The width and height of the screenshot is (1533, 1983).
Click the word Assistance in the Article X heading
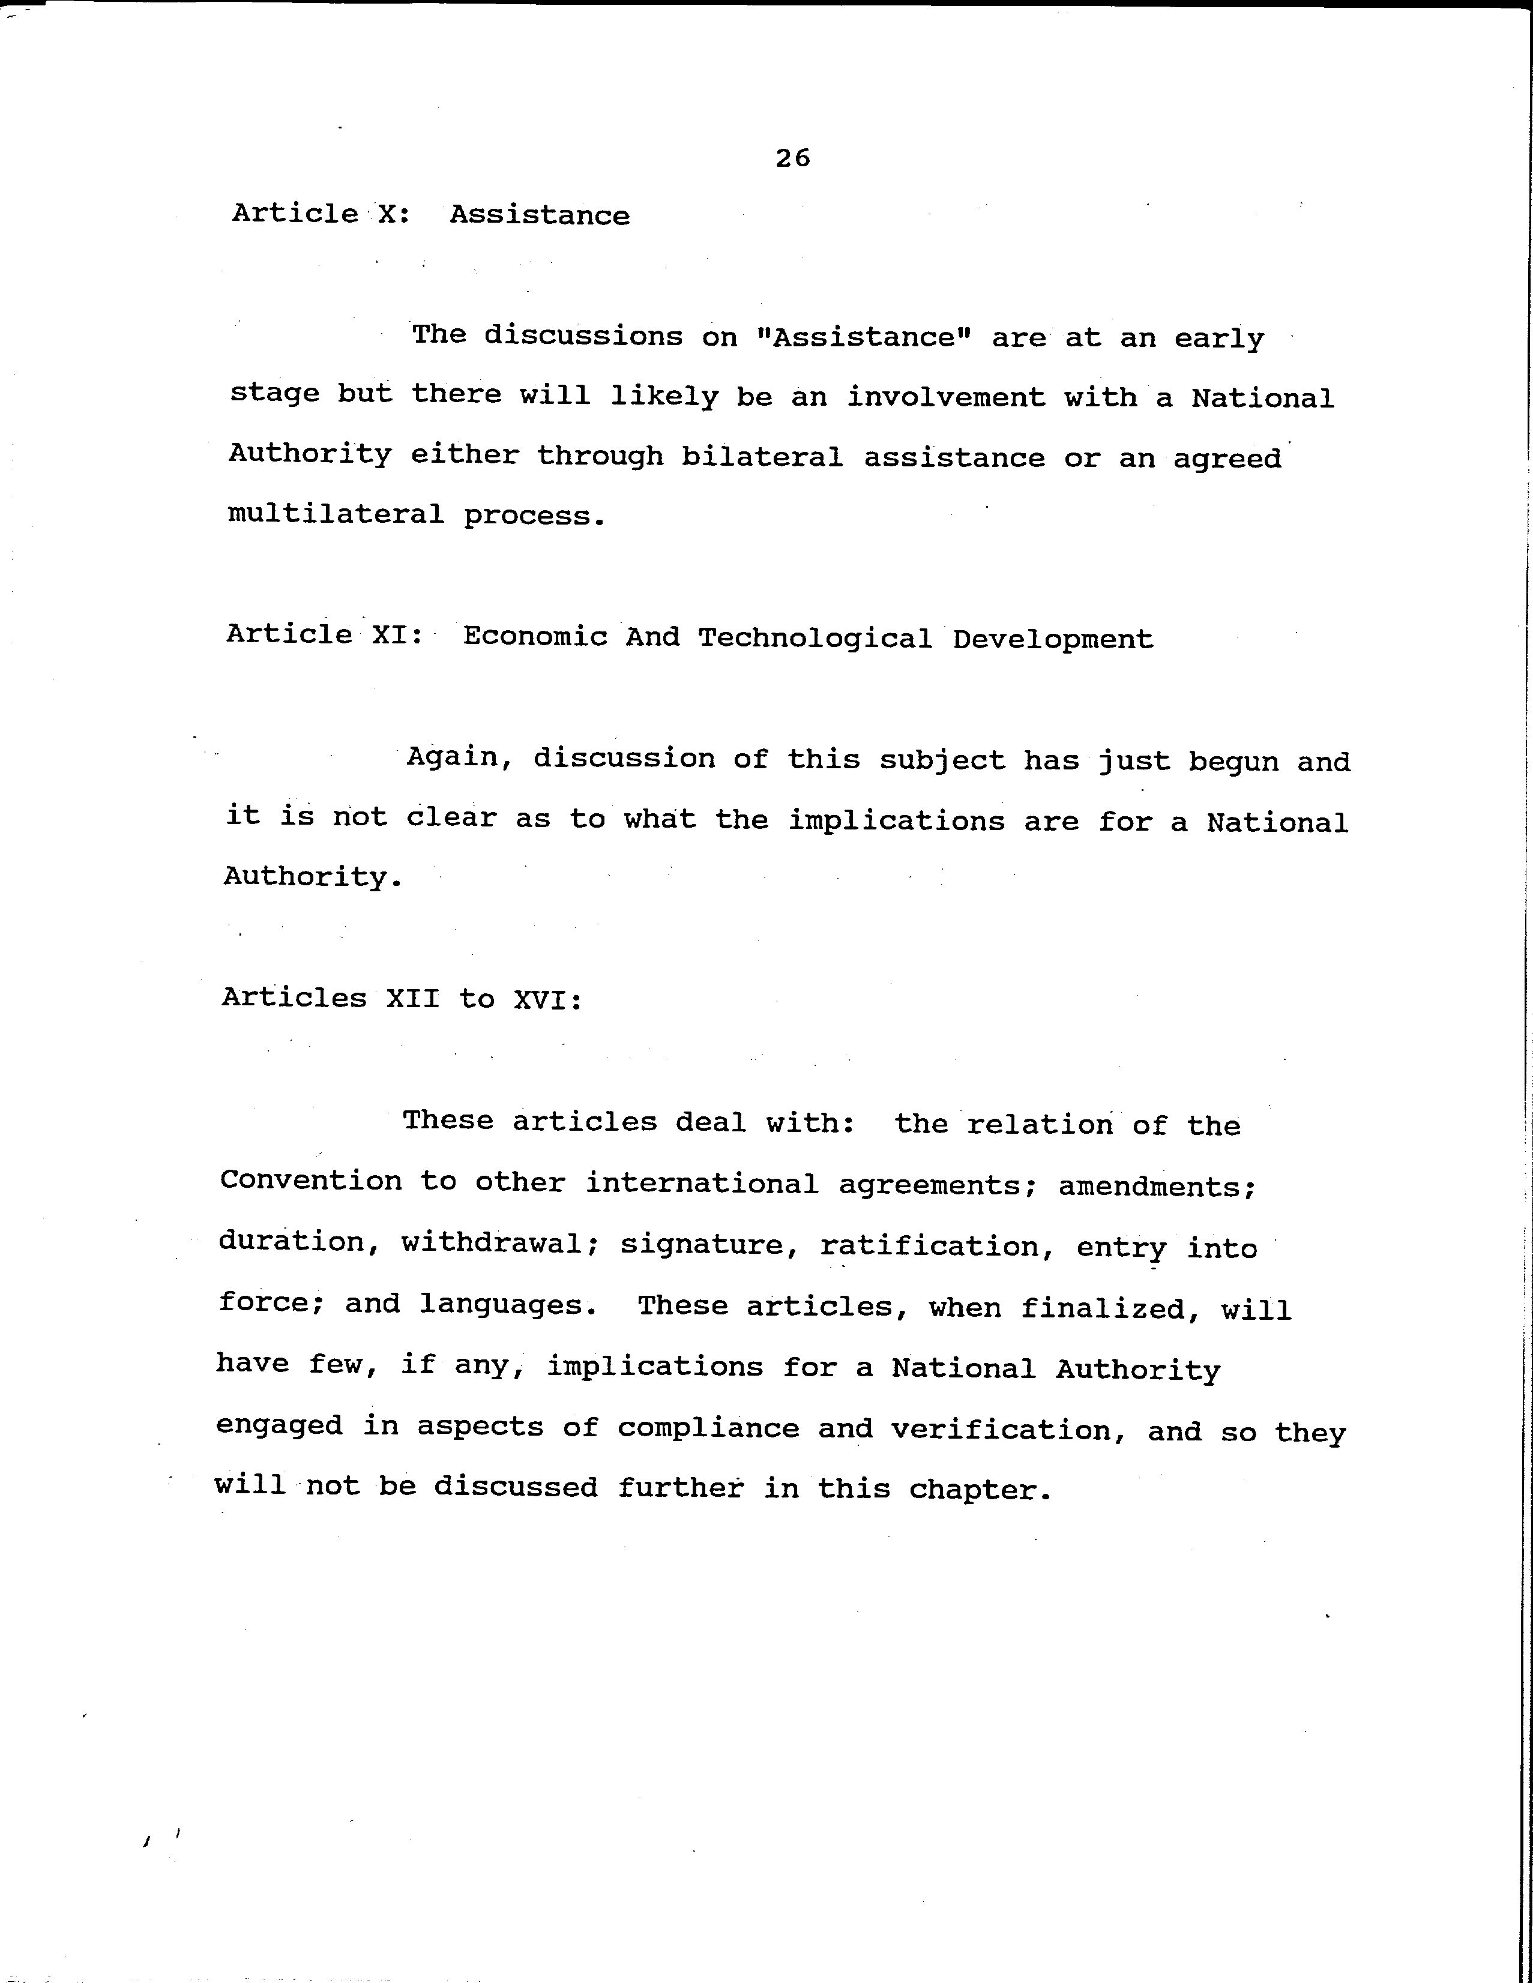click(x=540, y=215)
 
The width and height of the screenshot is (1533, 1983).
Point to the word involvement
click(x=945, y=397)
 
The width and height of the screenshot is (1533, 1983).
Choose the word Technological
click(x=815, y=639)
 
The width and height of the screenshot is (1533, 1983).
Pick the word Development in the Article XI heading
click(x=1053, y=639)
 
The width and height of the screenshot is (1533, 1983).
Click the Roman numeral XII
click(x=412, y=999)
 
